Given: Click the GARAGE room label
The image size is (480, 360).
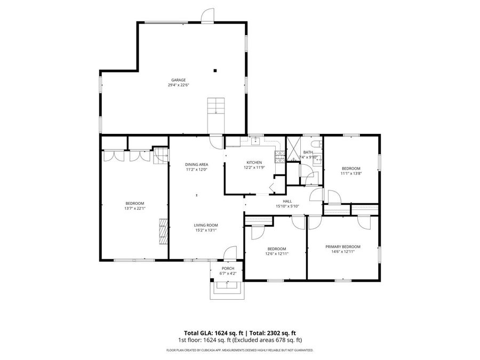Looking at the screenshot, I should coord(178,80).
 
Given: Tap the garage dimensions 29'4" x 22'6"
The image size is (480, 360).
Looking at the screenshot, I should coord(178,85).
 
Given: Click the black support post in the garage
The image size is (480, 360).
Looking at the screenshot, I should coord(215,70).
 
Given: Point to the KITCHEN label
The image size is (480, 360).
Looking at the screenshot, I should coord(254,162).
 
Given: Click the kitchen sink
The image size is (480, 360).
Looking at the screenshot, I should coord(255,141).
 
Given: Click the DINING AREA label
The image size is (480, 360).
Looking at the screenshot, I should coord(196,164).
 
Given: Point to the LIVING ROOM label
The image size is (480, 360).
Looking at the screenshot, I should coord(205,225).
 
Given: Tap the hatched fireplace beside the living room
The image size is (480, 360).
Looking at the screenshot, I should coord(162,231).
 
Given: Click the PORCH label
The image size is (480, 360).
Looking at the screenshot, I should coord(228,268).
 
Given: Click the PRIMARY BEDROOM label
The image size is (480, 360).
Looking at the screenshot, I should coord(343,246).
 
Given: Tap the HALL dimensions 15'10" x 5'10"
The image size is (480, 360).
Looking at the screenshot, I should coord(287,206).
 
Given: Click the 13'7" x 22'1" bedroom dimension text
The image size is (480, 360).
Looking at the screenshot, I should coord(135,208).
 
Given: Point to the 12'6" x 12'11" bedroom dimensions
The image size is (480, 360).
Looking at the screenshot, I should coord(276,253).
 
